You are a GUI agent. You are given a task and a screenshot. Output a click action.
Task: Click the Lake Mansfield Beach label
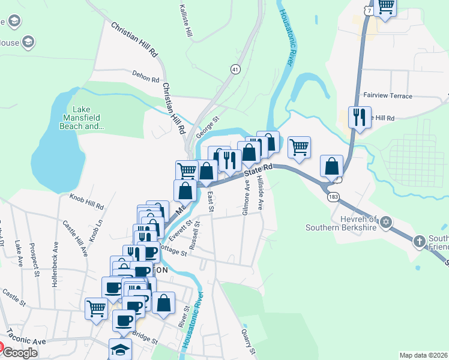point(85,118)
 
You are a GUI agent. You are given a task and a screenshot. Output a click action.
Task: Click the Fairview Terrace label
point(388,96)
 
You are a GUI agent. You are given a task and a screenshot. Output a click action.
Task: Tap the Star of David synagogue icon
point(387,223)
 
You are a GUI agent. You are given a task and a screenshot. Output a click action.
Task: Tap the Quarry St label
point(248,341)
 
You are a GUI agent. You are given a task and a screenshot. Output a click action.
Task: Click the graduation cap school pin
point(120,349)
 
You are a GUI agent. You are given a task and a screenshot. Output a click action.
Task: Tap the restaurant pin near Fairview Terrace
point(360,117)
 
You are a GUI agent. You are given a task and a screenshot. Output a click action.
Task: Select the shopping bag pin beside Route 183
point(332,167)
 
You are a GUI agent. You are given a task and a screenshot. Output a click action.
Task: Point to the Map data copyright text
point(423,355)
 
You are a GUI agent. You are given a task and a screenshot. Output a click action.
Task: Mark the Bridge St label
point(145,338)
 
